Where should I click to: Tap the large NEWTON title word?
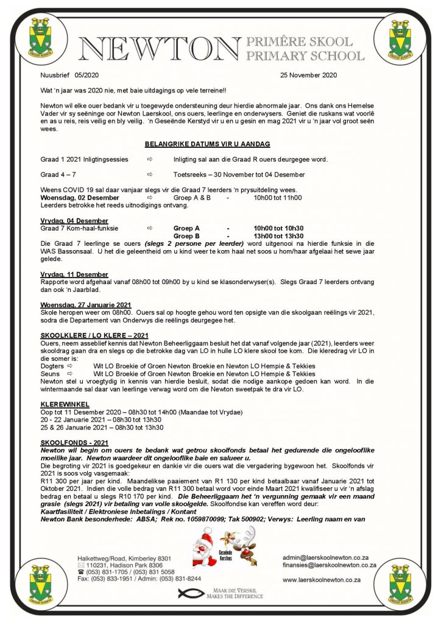pyautogui.click(x=159, y=49)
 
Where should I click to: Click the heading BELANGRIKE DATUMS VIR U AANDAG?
pyautogui.click(x=207, y=144)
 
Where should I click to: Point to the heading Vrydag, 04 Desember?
pyautogui.click(x=74, y=220)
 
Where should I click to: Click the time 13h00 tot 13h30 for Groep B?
pyautogui.click(x=278, y=235)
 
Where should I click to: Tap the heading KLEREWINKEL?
pyautogui.click(x=65, y=403)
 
